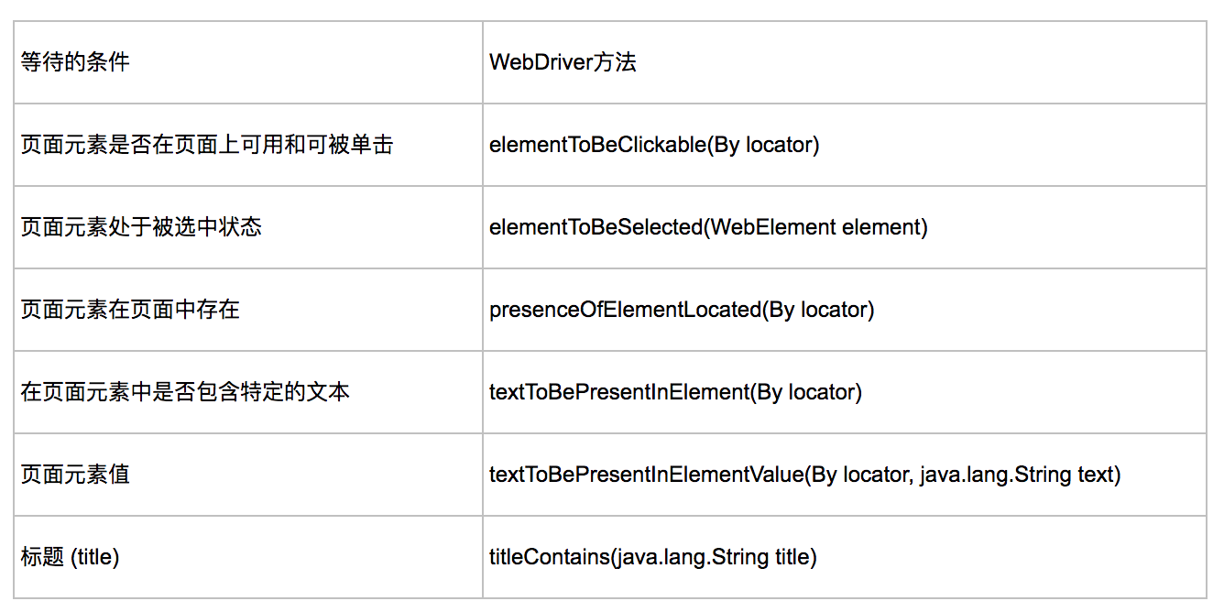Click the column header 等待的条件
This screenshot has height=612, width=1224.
[x=75, y=61]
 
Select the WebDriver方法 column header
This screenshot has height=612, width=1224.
[x=563, y=61]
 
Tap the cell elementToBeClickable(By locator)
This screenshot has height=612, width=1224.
[x=654, y=145]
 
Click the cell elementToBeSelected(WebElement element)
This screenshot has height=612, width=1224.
[x=708, y=227]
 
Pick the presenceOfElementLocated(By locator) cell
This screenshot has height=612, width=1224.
[x=682, y=310]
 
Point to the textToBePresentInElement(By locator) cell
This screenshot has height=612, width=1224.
[x=675, y=392]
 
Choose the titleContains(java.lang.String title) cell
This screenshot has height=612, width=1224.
[x=653, y=557]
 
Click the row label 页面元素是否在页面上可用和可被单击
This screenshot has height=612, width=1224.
[x=207, y=145]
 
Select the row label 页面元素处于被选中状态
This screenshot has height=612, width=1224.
[x=141, y=227]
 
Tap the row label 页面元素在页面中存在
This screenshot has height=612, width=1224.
[x=130, y=310]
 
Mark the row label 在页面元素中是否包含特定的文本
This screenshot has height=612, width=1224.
[x=185, y=392]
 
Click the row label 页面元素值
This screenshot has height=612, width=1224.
[x=75, y=475]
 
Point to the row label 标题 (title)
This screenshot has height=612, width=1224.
[x=70, y=557]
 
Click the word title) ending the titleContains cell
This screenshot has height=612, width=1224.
[x=796, y=557]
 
